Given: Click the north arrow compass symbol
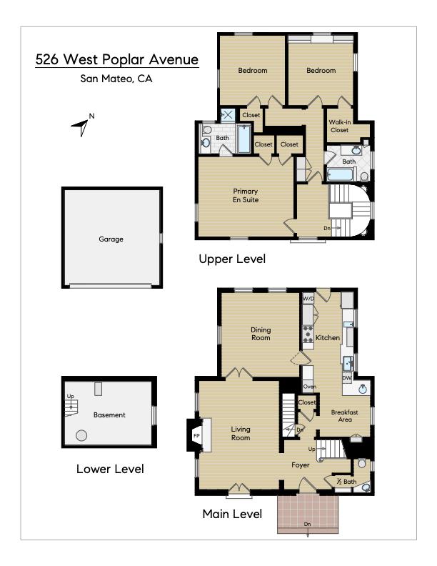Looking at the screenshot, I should pyautogui.click(x=82, y=125).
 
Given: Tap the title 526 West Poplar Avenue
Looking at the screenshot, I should pyautogui.click(x=117, y=60).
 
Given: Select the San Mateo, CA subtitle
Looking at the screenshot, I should pyautogui.click(x=116, y=79).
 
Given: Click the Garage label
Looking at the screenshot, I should pyautogui.click(x=111, y=239).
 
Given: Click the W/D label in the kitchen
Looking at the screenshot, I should pyautogui.click(x=308, y=298).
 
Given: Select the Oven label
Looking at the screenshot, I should pyautogui.click(x=309, y=387).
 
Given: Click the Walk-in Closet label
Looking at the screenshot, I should pyautogui.click(x=339, y=126).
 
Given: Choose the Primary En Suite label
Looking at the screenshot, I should pyautogui.click(x=245, y=195).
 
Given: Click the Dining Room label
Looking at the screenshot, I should pyautogui.click(x=260, y=333).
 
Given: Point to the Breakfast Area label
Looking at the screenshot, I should pyautogui.click(x=344, y=416).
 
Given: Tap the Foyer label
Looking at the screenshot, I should pyautogui.click(x=300, y=465).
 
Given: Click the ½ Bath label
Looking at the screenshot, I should pyautogui.click(x=346, y=482).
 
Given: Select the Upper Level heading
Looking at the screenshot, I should pyautogui.click(x=232, y=259).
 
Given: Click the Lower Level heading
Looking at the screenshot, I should pyautogui.click(x=110, y=470).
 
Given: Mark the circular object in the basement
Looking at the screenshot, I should pyautogui.click(x=81, y=435).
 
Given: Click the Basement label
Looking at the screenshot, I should pyautogui.click(x=109, y=414).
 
